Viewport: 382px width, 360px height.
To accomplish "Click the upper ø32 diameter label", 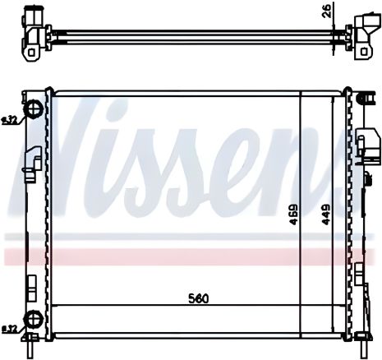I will [x=10, y=121].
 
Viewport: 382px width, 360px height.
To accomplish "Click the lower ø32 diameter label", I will [x=10, y=330].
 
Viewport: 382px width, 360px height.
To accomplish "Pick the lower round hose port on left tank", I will [x=34, y=319].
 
